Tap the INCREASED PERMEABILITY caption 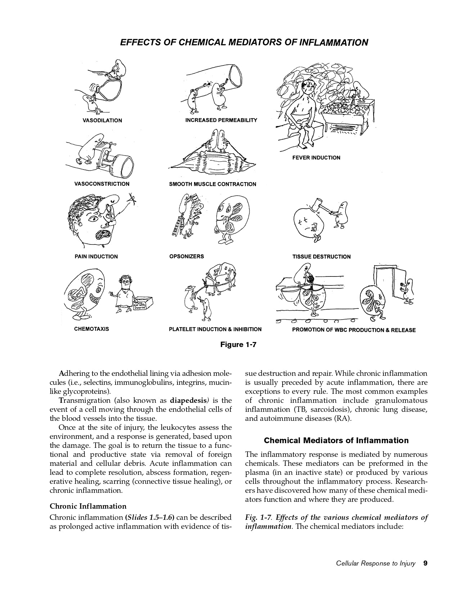pos(221,120)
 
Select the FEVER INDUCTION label pos(316,158)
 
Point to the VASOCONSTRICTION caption pos(102,184)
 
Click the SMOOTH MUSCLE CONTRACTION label pos(212,184)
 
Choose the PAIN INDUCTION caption pos(96,257)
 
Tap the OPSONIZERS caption pos(186,256)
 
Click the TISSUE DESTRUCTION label pos(321,257)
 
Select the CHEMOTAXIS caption pos(91,329)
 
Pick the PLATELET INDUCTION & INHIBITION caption pos(215,329)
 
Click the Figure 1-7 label pos(238,345)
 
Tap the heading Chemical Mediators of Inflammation pos(336,441)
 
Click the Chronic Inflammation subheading pos(88,506)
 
